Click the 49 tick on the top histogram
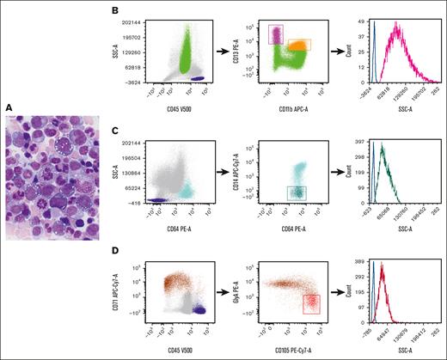point(364,19)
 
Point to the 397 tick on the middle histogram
point(363,137)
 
